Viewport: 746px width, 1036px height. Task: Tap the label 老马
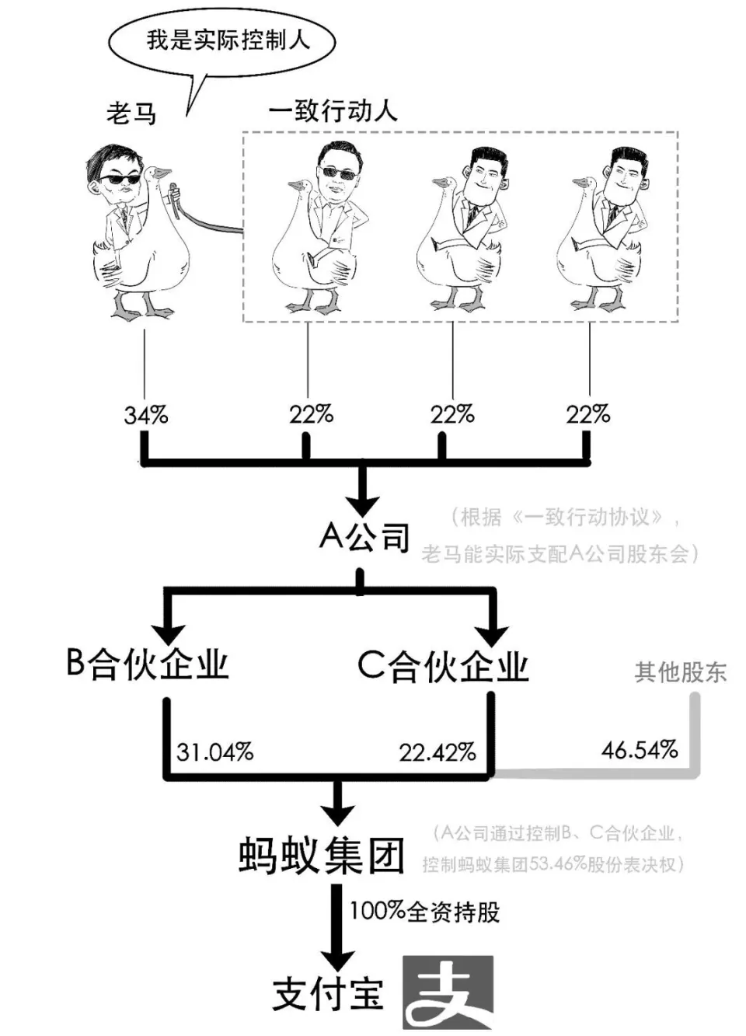click(x=131, y=113)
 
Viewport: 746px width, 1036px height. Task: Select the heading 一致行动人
click(x=333, y=111)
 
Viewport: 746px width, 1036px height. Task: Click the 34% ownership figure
click(x=145, y=415)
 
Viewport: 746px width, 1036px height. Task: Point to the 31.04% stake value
click(x=214, y=752)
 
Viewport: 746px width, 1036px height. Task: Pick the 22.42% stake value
click(x=437, y=752)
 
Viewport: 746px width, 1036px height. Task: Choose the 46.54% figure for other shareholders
click(x=639, y=750)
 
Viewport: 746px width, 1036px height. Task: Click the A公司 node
click(x=364, y=536)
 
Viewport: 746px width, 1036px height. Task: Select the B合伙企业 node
click(x=148, y=665)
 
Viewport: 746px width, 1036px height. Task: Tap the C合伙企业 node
click(x=443, y=666)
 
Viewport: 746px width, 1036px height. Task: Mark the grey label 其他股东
click(x=681, y=671)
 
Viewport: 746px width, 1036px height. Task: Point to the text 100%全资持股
click(x=424, y=911)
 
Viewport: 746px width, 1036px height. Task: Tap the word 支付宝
click(x=328, y=993)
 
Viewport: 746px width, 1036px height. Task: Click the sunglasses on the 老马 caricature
click(x=117, y=180)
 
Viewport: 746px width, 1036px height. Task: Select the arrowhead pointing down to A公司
click(x=362, y=503)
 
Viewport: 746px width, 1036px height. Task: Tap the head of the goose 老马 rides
click(x=159, y=173)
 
